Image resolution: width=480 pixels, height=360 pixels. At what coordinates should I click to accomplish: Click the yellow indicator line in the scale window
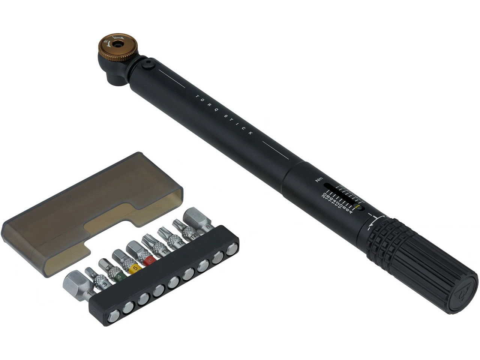point(359,206)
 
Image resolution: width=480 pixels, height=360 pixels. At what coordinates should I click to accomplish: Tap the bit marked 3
point(105,284)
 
